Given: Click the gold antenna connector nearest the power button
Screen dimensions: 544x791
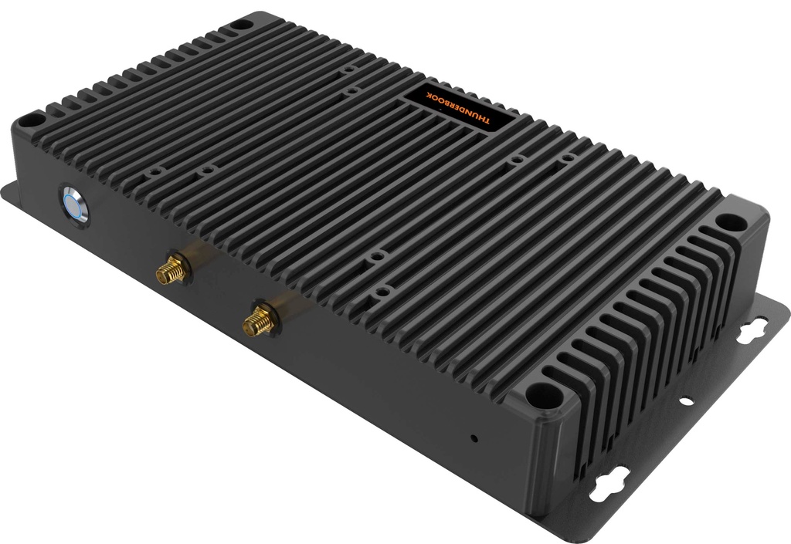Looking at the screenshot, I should pyautogui.click(x=171, y=269).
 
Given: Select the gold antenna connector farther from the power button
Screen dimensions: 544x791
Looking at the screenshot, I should pyautogui.click(x=259, y=319).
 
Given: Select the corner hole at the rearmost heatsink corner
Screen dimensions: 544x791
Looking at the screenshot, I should pyautogui.click(x=240, y=25).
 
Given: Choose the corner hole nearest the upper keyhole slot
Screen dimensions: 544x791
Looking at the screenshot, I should pyautogui.click(x=728, y=221).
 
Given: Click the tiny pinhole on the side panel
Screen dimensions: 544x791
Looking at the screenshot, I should pyautogui.click(x=474, y=439).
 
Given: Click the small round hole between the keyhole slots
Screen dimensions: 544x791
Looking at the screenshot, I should pyautogui.click(x=685, y=400).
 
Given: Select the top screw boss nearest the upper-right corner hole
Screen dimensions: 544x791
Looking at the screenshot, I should pyautogui.click(x=568, y=157).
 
